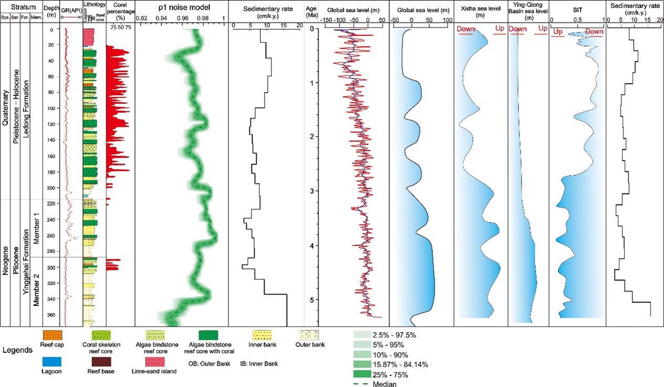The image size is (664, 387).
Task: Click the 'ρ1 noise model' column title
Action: (x=182, y=9)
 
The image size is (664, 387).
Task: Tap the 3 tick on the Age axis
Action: (x=312, y=191)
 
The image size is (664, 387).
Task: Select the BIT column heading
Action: (x=577, y=9)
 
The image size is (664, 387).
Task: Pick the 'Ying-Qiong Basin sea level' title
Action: (x=528, y=13)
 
